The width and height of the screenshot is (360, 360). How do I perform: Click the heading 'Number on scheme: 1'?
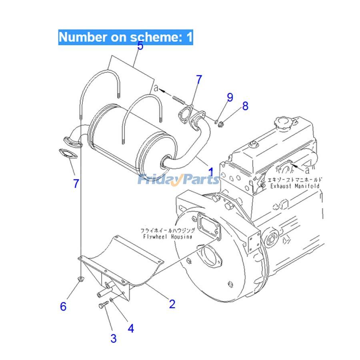click(126, 37)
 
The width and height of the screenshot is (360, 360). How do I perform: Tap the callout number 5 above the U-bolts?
click(140, 46)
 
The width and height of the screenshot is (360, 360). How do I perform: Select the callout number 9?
click(230, 97)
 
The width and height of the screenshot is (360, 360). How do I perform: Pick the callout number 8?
click(245, 106)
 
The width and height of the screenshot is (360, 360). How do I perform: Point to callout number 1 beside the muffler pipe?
click(211, 171)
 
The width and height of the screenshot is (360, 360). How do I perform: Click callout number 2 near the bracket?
click(172, 304)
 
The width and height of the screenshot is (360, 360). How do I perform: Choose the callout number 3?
click(114, 338)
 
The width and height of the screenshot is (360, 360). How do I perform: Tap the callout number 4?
click(131, 328)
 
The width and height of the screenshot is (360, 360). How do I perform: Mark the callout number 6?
click(63, 307)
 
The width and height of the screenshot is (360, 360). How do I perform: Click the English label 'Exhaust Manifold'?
click(294, 187)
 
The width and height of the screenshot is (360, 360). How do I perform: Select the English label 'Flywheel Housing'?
click(167, 237)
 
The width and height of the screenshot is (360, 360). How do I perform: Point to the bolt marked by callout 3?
click(102, 306)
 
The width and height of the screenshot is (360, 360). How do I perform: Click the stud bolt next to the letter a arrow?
click(180, 99)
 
